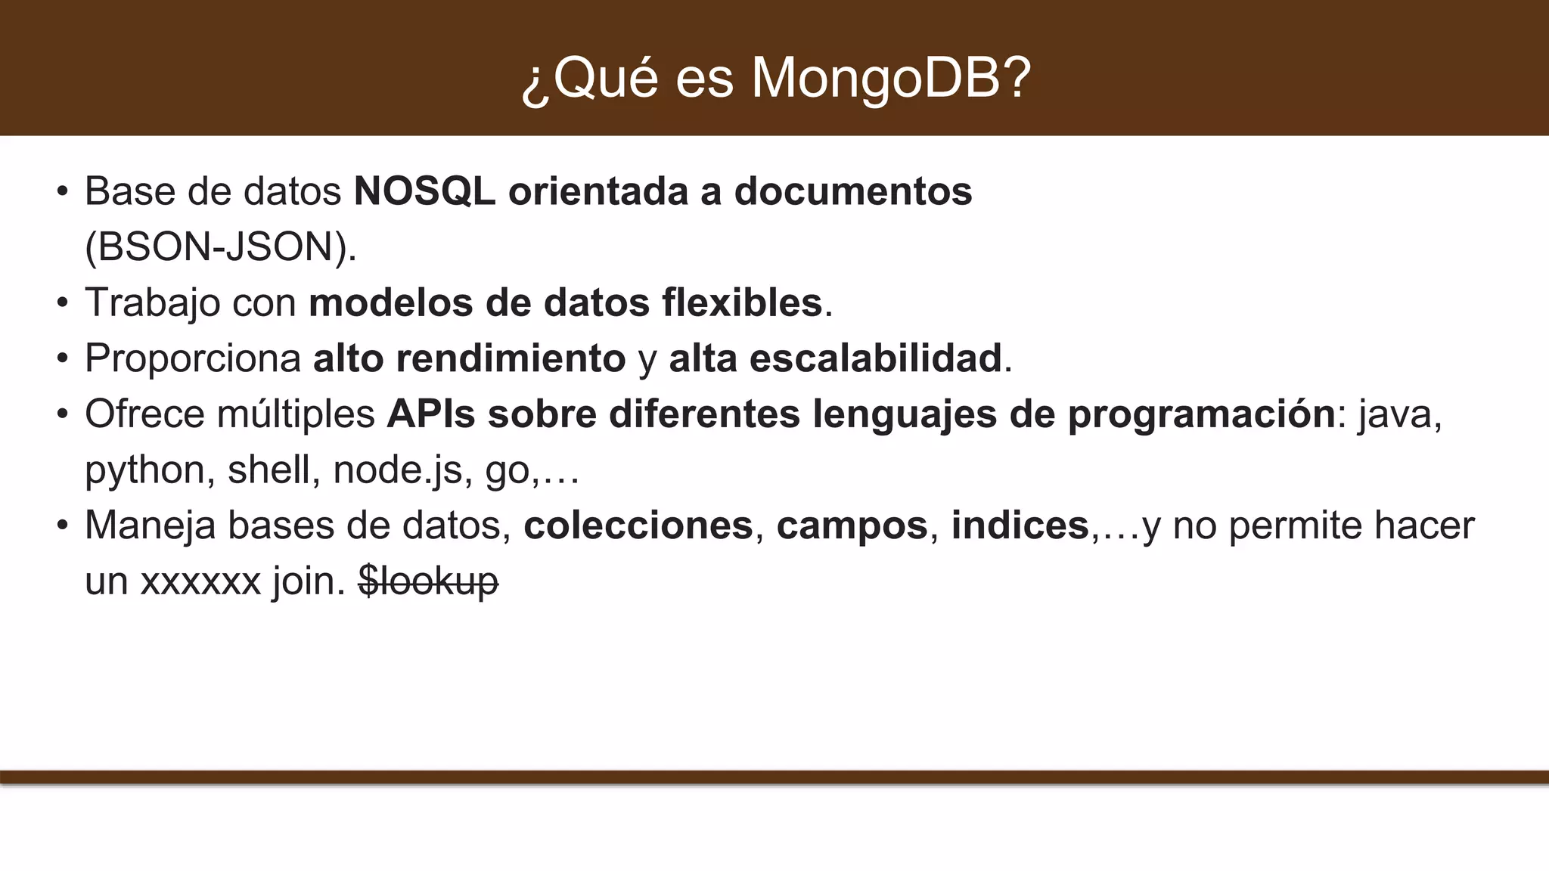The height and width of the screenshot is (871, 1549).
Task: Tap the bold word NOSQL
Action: (424, 191)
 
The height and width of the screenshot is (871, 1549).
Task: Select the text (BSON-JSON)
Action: (220, 246)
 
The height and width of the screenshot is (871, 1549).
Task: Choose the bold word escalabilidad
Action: (875, 358)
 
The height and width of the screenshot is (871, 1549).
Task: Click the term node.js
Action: (397, 470)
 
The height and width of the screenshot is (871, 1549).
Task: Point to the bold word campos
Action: (852, 525)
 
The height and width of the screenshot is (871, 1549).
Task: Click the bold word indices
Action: (1020, 525)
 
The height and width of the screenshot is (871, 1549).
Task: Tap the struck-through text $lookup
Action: (428, 581)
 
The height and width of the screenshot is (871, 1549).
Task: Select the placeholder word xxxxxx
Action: (200, 581)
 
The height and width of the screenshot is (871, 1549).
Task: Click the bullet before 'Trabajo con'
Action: (63, 303)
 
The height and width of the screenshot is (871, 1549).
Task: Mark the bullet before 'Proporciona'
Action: (63, 359)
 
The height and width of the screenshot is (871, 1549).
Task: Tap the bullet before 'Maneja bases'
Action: (63, 526)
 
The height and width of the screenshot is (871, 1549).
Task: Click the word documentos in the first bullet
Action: (852, 191)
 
